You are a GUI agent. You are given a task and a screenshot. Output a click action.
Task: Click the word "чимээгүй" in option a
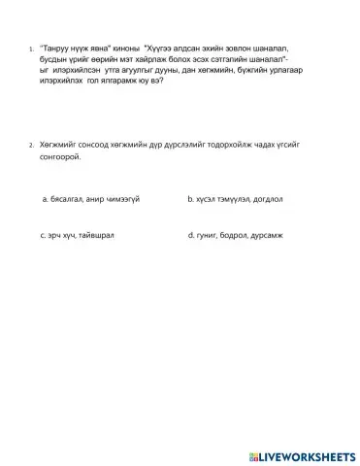pos(120,198)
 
